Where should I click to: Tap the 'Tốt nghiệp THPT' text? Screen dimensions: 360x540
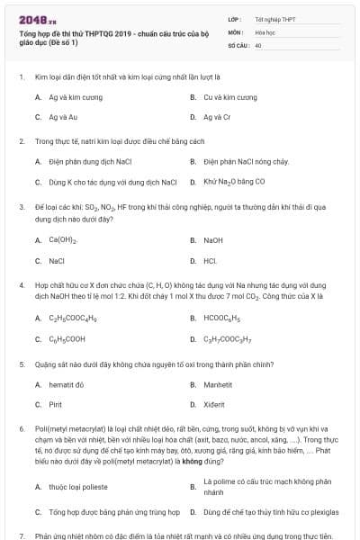tap(274, 19)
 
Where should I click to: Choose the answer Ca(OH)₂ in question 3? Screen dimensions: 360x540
tap(63, 240)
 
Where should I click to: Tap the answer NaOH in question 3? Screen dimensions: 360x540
tap(213, 240)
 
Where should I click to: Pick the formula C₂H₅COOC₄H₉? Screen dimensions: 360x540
tap(73, 318)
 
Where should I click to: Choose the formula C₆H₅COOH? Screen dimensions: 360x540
tap(67, 339)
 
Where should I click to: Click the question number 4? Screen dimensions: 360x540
tap(21, 284)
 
